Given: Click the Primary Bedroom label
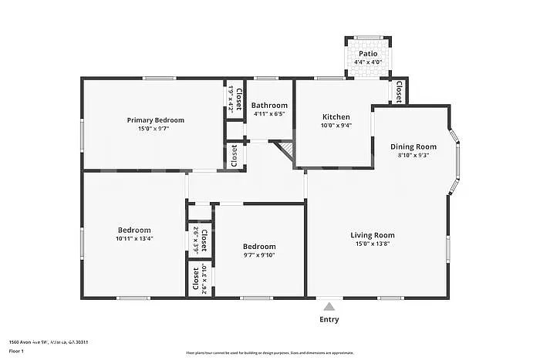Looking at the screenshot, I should coord(156,119).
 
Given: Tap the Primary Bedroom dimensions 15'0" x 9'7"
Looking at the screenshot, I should coord(156,129).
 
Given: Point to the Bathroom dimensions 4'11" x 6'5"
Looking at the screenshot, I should coord(269,114).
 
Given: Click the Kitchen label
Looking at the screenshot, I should coord(336,117).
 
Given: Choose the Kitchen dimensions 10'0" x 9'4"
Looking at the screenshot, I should coord(336,126).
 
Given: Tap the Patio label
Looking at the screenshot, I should coord(368,53).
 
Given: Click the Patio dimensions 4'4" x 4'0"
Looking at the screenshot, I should coord(368,62).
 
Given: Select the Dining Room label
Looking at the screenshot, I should coord(413,146).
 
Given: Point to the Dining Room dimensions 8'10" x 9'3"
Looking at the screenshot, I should coord(413,155).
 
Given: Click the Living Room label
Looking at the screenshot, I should coord(373,235).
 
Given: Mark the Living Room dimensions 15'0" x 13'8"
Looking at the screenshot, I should coord(373,244).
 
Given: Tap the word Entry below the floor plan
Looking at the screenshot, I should coord(329,319).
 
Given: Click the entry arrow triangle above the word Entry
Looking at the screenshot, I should coord(329,304).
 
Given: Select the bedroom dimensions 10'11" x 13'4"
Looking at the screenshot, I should coord(134,239).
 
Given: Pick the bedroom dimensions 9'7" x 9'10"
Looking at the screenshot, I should coord(259,255).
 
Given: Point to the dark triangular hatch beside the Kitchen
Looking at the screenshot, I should coord(286,147).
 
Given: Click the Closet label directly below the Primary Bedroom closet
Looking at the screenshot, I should coord(235,156).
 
